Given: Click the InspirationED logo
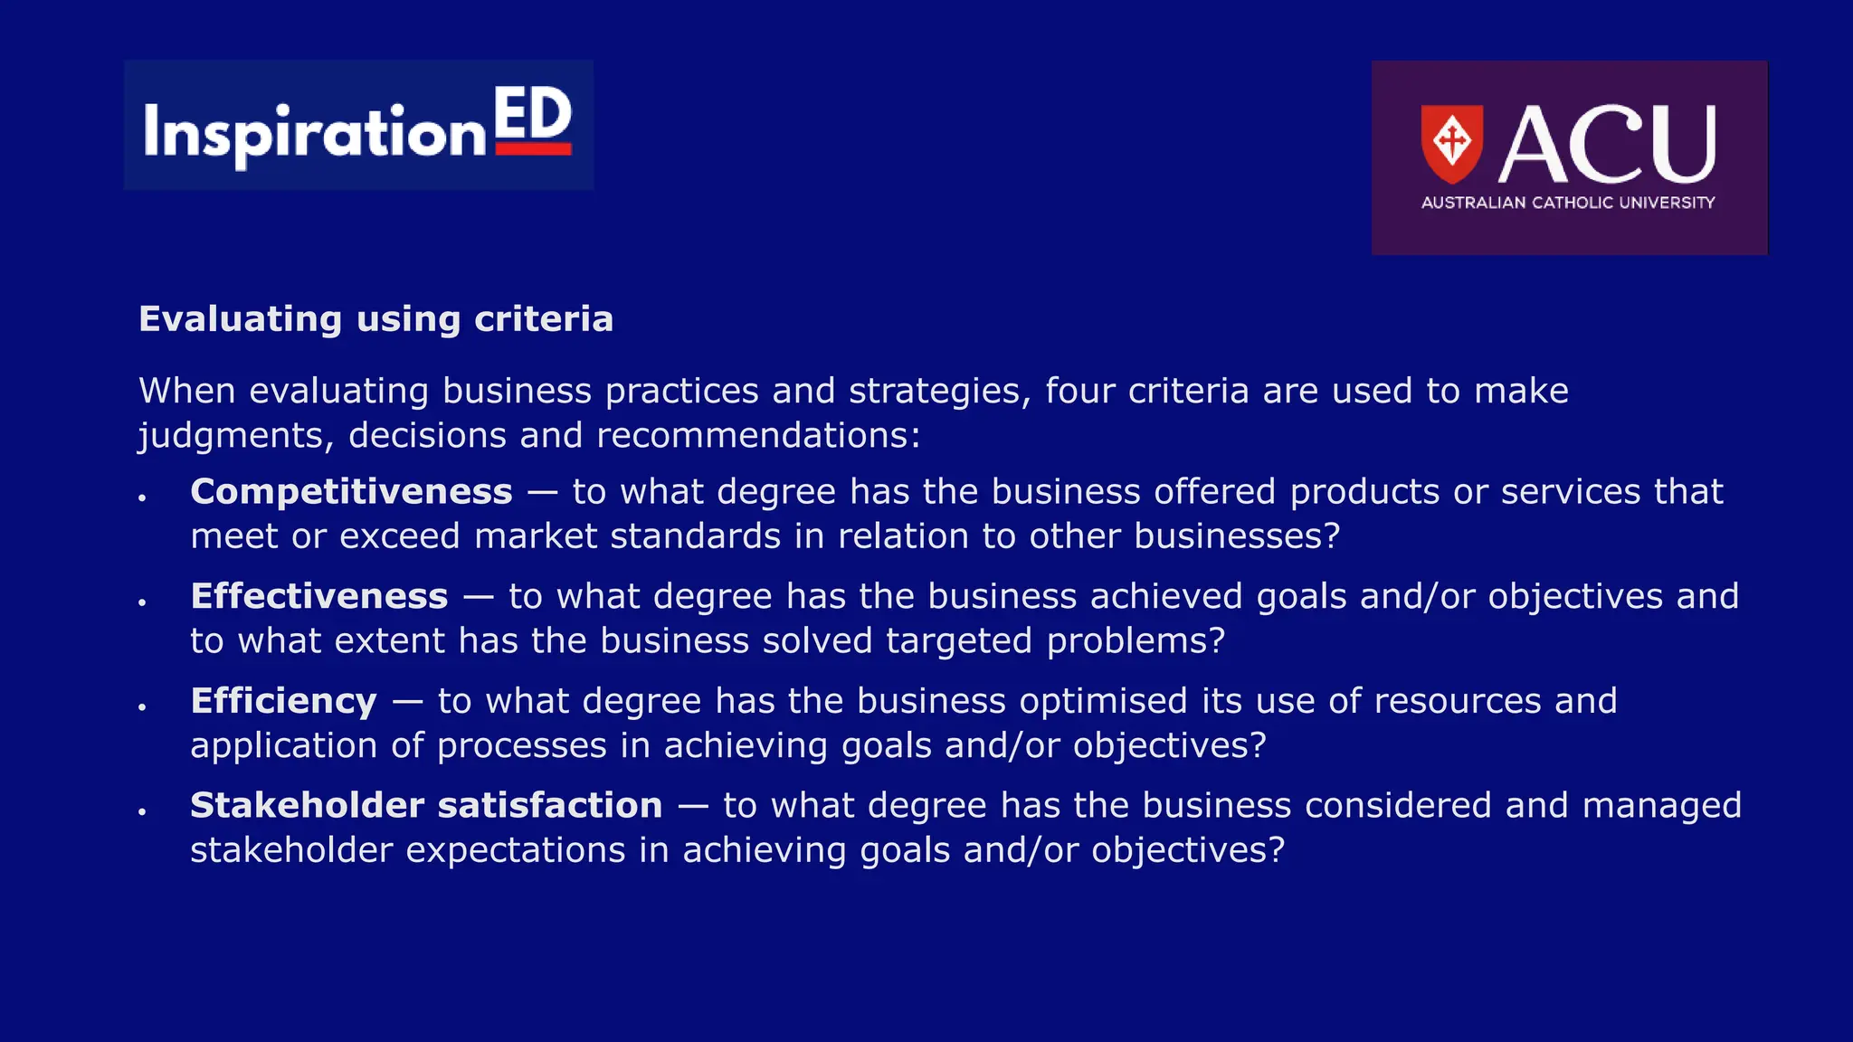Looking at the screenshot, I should coord(358,126).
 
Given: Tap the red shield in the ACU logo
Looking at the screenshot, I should coord(1451,142).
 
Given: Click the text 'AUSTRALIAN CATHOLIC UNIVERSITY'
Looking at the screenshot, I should coord(1568,203).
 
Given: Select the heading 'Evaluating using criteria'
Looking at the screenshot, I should coord(375,319).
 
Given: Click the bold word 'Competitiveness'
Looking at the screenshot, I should coord(351,492).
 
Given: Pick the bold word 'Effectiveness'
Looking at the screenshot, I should coord(319,597).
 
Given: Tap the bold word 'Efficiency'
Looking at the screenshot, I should coord(283,702).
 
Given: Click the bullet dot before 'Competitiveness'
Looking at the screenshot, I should coord(142,497).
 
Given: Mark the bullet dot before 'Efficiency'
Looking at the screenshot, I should coord(142,707).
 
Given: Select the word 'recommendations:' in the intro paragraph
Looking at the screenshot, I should coord(758,436).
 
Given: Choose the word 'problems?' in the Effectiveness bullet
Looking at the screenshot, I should coord(1136,641).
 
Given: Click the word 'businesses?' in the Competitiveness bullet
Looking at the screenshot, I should coord(1237,536).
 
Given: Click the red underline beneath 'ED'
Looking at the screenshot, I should coord(534,149).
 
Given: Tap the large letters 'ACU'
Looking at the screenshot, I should coord(1608,144).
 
